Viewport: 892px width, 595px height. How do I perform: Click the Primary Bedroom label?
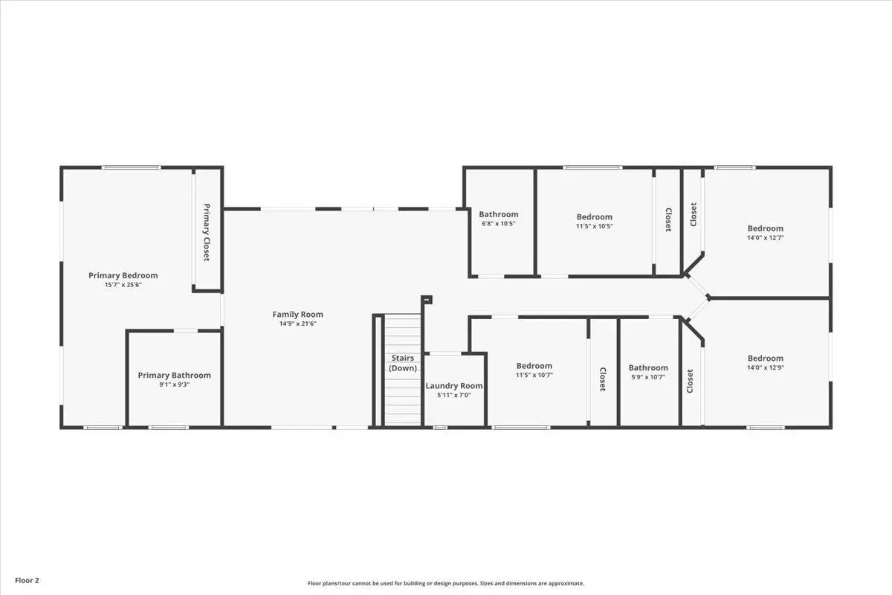tap(123, 275)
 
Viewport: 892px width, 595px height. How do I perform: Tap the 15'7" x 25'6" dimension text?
tap(123, 285)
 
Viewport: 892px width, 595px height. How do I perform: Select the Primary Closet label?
tap(207, 232)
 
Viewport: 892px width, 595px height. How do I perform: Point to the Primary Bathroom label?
tap(175, 376)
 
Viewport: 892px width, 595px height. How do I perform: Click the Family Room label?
tap(298, 315)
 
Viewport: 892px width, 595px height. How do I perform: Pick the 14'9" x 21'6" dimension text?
tap(298, 324)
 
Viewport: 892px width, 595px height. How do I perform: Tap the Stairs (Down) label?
tap(403, 363)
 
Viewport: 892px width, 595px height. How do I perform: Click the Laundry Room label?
tap(454, 386)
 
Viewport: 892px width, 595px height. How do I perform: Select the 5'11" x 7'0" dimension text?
tap(454, 395)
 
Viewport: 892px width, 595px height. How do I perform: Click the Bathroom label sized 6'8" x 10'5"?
tap(499, 214)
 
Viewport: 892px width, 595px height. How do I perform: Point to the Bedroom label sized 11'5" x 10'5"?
tap(594, 216)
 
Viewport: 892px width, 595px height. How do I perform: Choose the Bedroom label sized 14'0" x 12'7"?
tap(766, 228)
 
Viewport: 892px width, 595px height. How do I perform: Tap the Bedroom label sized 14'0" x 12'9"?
tap(766, 358)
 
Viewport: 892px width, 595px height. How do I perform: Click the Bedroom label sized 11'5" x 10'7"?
tap(534, 366)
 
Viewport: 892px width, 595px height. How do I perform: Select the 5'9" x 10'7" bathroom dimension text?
tap(648, 377)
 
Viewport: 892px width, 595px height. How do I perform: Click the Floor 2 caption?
tap(27, 580)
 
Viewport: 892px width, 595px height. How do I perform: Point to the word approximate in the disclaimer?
tap(566, 583)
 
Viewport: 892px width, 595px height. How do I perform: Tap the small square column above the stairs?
tap(427, 299)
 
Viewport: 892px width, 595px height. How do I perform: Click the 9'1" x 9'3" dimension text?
tap(175, 385)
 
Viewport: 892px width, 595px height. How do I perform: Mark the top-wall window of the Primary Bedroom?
tap(132, 168)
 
